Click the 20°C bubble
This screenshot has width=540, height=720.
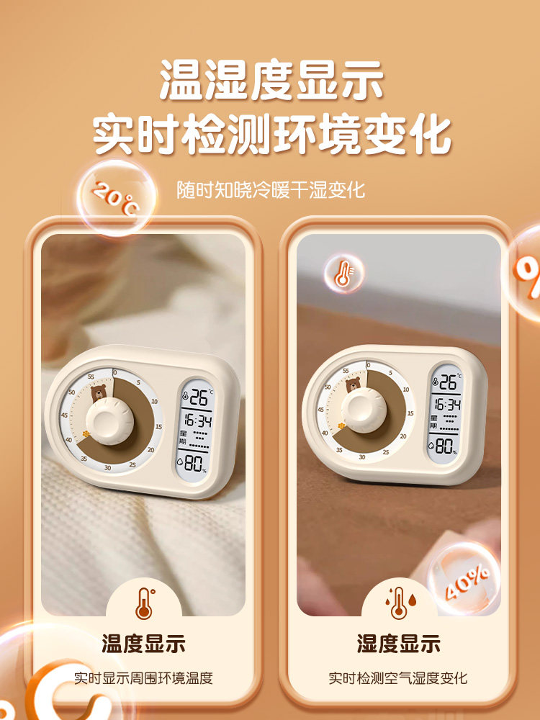[115, 198]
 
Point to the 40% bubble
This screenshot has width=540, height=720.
[465, 580]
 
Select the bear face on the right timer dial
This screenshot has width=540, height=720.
[354, 386]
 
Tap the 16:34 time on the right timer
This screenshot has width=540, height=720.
[446, 405]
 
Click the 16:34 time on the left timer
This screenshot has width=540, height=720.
[197, 420]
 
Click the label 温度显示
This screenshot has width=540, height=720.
[144, 643]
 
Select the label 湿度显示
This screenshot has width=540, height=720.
[398, 643]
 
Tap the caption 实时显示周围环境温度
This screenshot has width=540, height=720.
[144, 678]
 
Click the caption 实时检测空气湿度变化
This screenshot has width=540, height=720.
[398, 678]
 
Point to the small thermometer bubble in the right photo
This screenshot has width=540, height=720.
[343, 274]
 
